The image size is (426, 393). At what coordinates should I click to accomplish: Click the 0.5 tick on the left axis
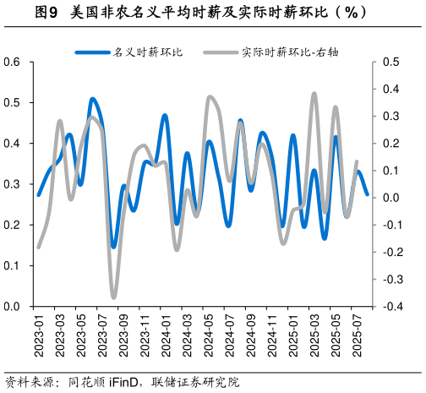coord(11,102)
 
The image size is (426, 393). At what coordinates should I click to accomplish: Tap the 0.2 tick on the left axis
coord(11,225)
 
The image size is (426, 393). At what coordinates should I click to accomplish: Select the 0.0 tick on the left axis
coord(11,306)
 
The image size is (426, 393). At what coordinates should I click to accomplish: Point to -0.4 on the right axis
coord(391,306)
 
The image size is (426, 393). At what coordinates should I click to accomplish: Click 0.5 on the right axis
coord(390,62)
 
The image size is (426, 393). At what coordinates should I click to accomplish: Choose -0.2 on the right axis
coord(391,252)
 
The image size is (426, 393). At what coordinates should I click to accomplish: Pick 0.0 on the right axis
coord(390,198)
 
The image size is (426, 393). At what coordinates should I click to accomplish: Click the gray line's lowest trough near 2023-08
coord(113,297)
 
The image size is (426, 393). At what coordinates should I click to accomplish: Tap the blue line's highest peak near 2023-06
coord(92,99)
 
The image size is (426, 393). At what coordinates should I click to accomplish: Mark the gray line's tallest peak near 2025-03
coord(314,94)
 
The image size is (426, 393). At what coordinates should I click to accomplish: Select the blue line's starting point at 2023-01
coord(39,195)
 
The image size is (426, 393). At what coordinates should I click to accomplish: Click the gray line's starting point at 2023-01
coord(39,247)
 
